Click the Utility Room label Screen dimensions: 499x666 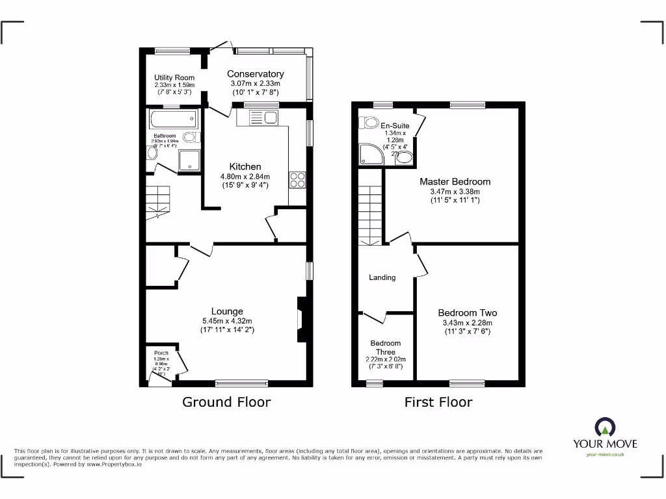pyautogui.click(x=174, y=78)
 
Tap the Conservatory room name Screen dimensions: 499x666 pyautogui.click(x=255, y=74)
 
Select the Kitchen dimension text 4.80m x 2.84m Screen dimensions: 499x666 pyautogui.click(x=245, y=176)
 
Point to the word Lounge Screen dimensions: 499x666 pyautogui.click(x=226, y=311)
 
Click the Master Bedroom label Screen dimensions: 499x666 pyautogui.click(x=455, y=182)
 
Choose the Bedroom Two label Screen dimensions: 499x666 pyautogui.click(x=467, y=313)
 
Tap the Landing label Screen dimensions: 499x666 pyautogui.click(x=382, y=277)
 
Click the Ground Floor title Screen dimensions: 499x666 pyautogui.click(x=226, y=402)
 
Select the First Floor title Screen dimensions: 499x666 pyautogui.click(x=438, y=402)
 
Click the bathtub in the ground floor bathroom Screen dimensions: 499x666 pyautogui.click(x=172, y=118)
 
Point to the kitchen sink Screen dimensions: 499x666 pyautogui.click(x=263, y=118)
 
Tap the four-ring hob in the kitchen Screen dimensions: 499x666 pyautogui.click(x=298, y=179)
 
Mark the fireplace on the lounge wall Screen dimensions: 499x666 pyautogui.click(x=300, y=320)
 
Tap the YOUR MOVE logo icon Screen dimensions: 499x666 pyautogui.click(x=604, y=427)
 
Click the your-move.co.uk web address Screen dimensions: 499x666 pyautogui.click(x=605, y=455)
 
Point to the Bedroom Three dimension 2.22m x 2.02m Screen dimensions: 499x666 pyautogui.click(x=386, y=359)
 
